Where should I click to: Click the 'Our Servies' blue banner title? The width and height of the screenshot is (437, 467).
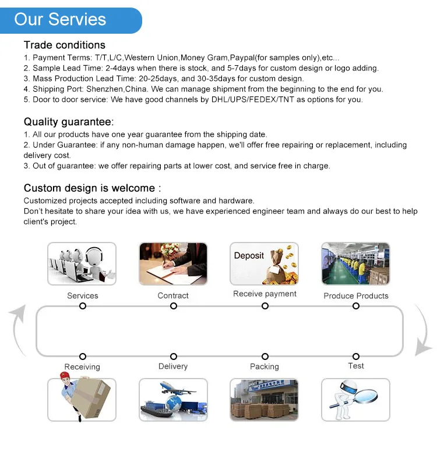(60, 19)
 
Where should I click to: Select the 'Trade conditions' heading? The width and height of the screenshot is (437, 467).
(64, 45)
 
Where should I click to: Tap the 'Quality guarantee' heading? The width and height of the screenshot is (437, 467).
(68, 122)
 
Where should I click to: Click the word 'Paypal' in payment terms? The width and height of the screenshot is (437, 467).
(243, 58)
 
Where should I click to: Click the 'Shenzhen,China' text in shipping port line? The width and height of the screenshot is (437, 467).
(118, 89)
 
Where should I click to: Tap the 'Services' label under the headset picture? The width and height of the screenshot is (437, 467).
(82, 295)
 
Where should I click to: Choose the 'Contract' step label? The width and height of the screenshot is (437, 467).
(173, 295)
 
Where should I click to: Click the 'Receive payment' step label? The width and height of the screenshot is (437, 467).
(265, 294)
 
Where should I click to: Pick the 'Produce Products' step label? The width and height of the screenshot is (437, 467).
(355, 295)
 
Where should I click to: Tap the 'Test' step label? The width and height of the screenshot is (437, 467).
(355, 366)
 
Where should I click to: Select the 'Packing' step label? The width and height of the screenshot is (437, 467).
(265, 366)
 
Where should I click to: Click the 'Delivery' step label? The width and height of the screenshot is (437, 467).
(173, 366)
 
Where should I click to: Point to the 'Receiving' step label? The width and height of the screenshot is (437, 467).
(82, 366)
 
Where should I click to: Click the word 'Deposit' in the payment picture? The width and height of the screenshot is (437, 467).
(249, 255)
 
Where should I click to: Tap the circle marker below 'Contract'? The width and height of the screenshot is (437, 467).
(173, 306)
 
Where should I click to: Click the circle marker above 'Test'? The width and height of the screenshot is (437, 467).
(355, 357)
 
